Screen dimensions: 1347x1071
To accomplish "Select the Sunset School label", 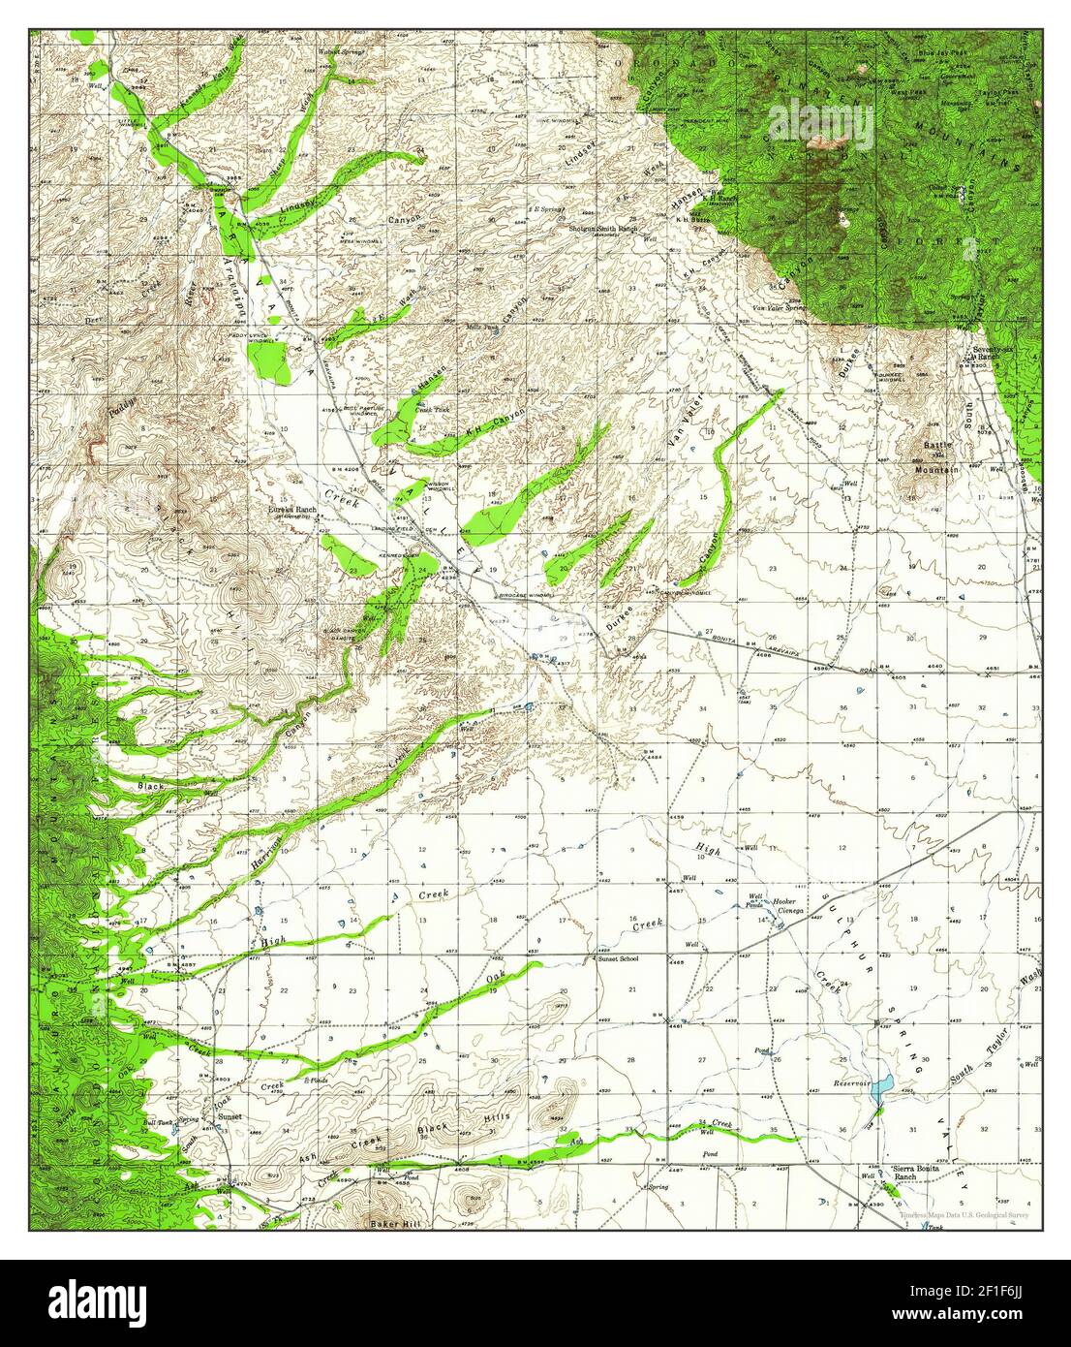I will (x=618, y=958).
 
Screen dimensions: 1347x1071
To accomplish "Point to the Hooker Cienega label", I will (x=783, y=902).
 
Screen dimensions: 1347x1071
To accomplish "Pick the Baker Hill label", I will (x=391, y=1224).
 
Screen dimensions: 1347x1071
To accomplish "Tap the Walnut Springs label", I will (x=344, y=54).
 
